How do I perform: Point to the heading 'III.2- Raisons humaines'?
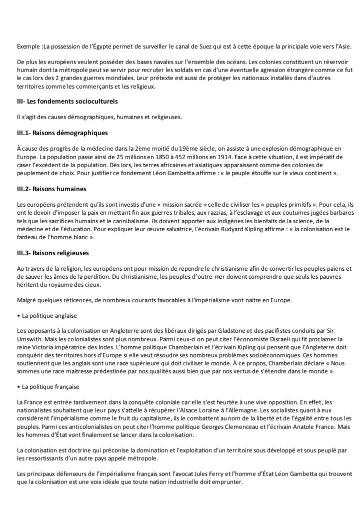click(x=52, y=189)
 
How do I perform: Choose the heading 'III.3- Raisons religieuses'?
click(x=53, y=253)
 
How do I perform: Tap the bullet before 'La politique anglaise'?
click(x=18, y=316)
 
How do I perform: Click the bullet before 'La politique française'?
click(x=18, y=387)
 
